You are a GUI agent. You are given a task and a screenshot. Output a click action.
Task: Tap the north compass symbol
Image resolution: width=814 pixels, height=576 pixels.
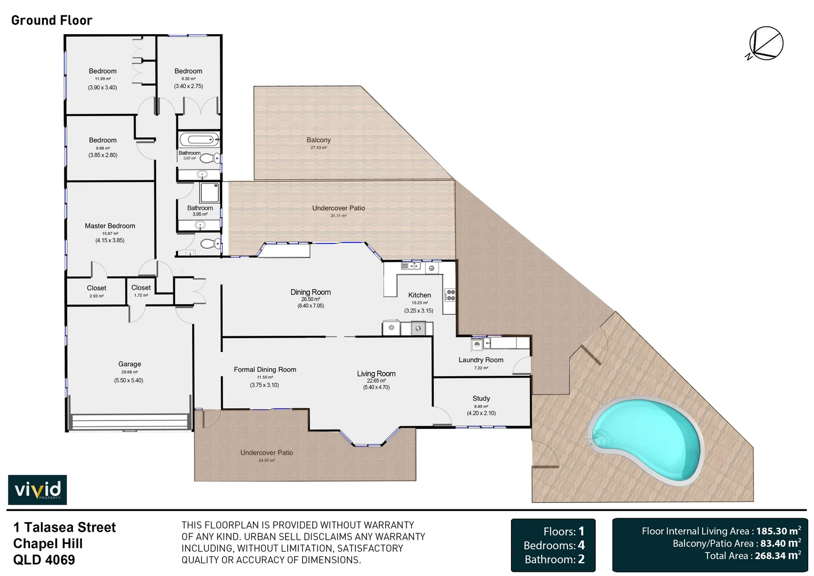coord(766,43)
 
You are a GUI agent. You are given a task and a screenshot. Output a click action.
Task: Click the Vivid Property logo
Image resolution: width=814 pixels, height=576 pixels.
coord(37,490)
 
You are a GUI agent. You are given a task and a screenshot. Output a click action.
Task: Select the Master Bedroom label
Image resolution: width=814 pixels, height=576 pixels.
coord(110,226)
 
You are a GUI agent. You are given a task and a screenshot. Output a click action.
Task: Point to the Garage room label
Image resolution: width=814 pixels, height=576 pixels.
coord(129,364)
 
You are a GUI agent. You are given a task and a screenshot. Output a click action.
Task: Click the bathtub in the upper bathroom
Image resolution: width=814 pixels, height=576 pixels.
coord(198,140)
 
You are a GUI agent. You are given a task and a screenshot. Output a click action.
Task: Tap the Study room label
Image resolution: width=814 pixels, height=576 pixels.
coord(481,398)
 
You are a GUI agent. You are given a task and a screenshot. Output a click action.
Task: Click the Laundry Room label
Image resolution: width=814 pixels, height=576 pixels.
coord(481,360)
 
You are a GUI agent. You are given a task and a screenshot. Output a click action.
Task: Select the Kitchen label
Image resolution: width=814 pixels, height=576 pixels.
coord(419,295)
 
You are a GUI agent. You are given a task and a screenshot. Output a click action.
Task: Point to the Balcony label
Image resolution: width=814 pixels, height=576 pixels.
coord(319,140)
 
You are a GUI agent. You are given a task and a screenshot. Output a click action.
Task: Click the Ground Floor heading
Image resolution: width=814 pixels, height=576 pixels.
coord(52,20)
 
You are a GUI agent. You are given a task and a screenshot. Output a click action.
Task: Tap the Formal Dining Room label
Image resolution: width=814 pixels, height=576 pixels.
coord(265,370)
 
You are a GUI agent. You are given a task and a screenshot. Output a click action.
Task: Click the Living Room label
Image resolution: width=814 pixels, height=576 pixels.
coord(376,374)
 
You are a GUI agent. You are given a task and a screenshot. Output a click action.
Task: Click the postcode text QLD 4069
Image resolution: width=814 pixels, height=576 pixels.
coord(44,560)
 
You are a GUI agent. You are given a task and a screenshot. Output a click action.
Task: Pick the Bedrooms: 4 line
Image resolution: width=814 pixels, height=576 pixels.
coord(554,546)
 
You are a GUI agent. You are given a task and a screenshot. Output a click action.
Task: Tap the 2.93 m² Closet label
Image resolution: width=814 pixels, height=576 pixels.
coord(96,289)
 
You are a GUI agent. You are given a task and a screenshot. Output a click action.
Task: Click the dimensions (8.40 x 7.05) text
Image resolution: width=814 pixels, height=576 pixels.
coord(311,306)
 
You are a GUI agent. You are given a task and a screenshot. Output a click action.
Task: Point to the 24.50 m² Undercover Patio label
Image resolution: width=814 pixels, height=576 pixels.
coord(266,453)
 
